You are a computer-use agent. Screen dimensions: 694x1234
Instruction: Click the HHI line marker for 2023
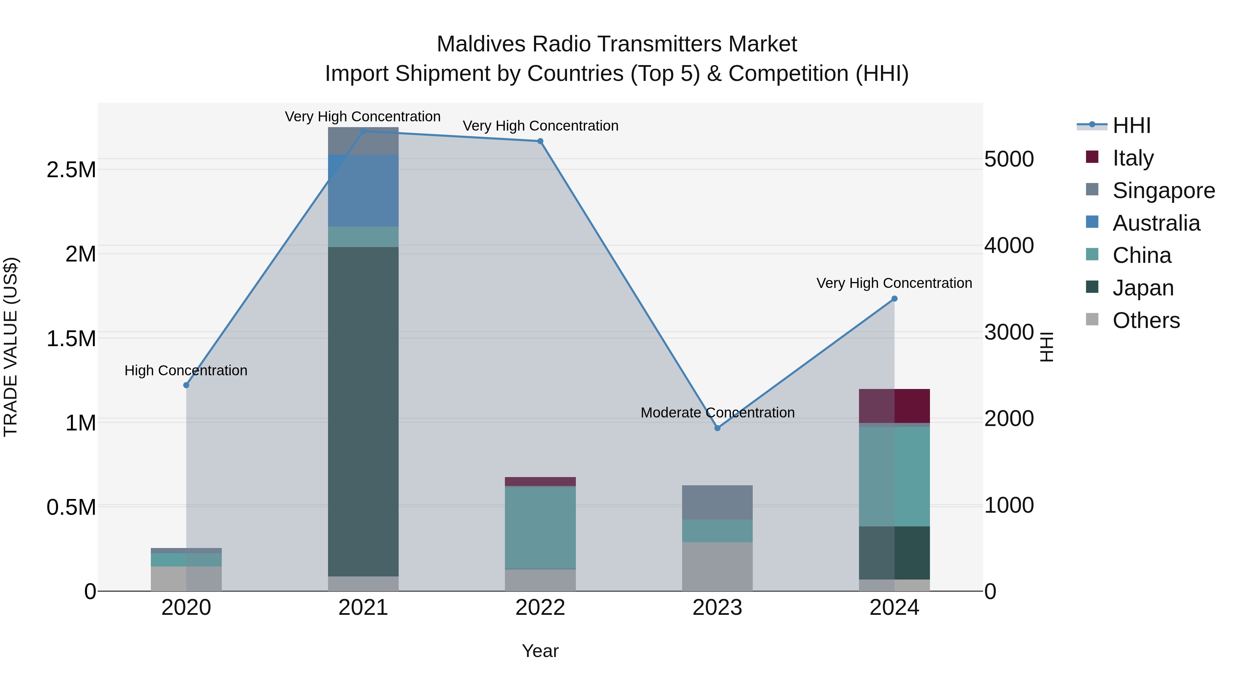(717, 428)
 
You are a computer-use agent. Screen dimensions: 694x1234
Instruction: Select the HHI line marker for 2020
(186, 385)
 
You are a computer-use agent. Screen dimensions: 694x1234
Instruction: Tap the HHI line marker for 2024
(894, 299)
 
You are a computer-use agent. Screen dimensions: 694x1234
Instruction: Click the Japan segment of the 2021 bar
(363, 412)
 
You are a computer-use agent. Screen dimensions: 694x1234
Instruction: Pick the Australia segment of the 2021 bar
(363, 191)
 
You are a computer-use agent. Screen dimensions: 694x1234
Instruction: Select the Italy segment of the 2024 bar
(894, 406)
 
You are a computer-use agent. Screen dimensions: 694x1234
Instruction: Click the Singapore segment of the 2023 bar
(717, 502)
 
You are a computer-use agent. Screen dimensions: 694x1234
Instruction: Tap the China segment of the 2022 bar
(540, 527)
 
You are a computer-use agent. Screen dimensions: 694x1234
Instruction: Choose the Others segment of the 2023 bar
(717, 566)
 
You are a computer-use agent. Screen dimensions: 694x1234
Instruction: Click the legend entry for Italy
(1133, 158)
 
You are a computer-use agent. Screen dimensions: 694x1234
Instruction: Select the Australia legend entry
(1156, 223)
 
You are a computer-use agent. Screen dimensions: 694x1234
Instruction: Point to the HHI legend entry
(1131, 125)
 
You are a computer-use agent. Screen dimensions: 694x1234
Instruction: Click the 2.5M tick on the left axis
(71, 170)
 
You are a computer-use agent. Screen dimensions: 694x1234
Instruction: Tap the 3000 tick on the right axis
(1009, 332)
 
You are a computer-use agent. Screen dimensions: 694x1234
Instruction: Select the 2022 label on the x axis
(540, 608)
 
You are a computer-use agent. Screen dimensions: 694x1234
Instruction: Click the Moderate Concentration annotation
(717, 412)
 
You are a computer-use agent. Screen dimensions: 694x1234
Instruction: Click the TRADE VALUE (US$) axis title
(11, 347)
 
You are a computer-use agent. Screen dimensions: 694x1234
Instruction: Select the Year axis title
(540, 651)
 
